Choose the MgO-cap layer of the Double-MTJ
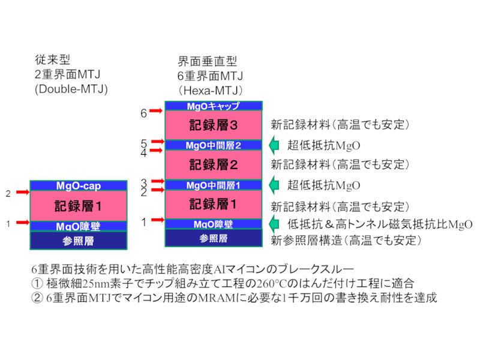[x=79, y=185]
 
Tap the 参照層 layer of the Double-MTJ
[x=79, y=240]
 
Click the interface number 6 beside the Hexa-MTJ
[x=143, y=112]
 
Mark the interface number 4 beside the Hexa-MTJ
[x=143, y=152]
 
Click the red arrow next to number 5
[x=158, y=142]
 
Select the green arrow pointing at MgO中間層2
[x=274, y=145]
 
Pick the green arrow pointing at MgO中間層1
[x=274, y=185]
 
